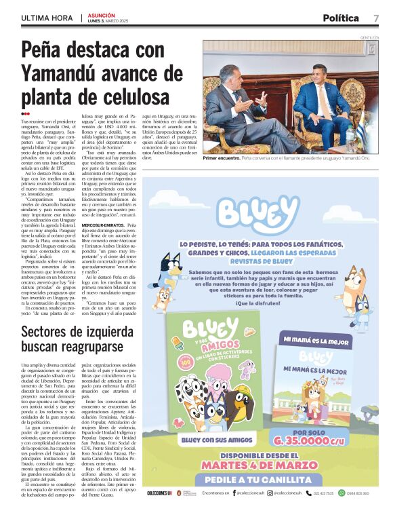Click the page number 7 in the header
coord(376,18)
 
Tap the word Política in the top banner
coord(340,18)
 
